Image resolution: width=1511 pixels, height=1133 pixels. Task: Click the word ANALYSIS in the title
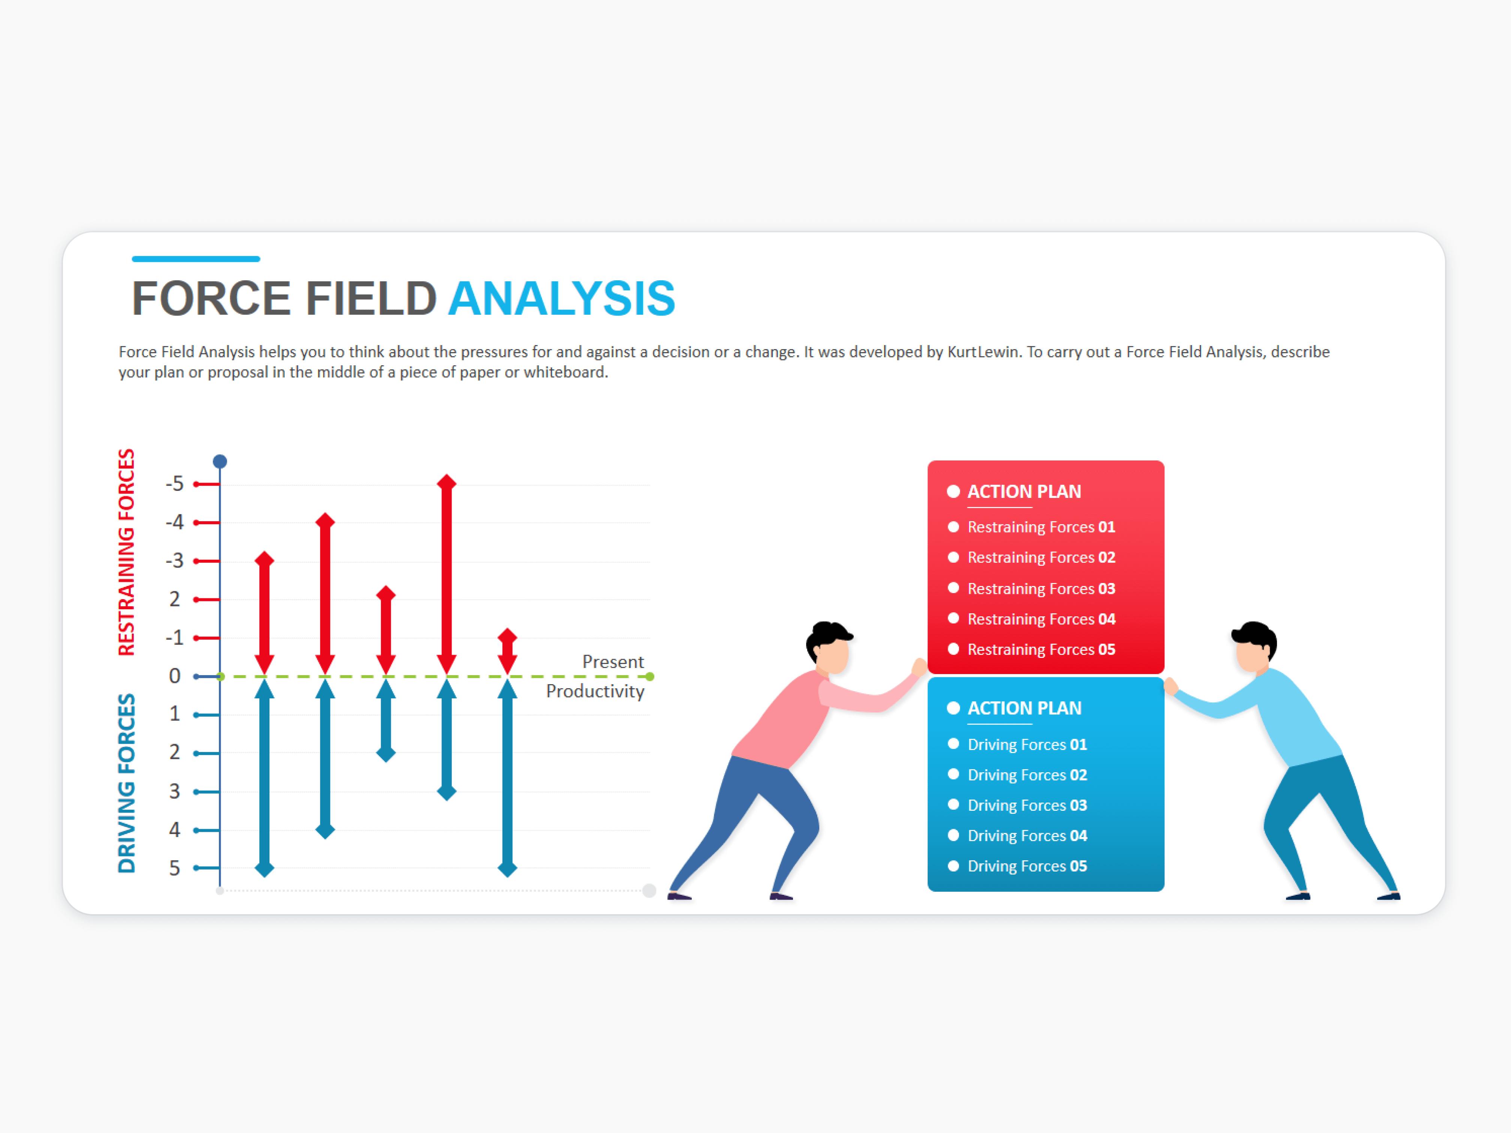tap(561, 299)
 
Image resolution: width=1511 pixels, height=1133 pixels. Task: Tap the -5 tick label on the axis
tap(175, 484)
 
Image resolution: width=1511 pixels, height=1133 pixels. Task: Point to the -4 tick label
tap(175, 522)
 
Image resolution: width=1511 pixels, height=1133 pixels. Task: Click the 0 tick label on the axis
tap(175, 676)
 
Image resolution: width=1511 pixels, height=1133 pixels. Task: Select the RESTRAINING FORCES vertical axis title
tap(126, 552)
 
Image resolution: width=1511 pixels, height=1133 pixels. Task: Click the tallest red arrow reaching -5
tap(447, 574)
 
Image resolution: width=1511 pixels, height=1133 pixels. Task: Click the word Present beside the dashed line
tap(613, 662)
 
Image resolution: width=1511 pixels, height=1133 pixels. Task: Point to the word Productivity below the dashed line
tap(595, 691)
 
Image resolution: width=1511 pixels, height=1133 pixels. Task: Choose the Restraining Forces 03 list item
tap(1041, 589)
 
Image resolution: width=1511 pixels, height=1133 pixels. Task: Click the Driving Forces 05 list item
tap(1027, 866)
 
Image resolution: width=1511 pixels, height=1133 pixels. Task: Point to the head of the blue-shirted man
tap(1254, 646)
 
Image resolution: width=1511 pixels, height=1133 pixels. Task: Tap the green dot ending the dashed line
tap(649, 677)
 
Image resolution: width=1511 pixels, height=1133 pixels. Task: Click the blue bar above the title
tap(196, 259)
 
